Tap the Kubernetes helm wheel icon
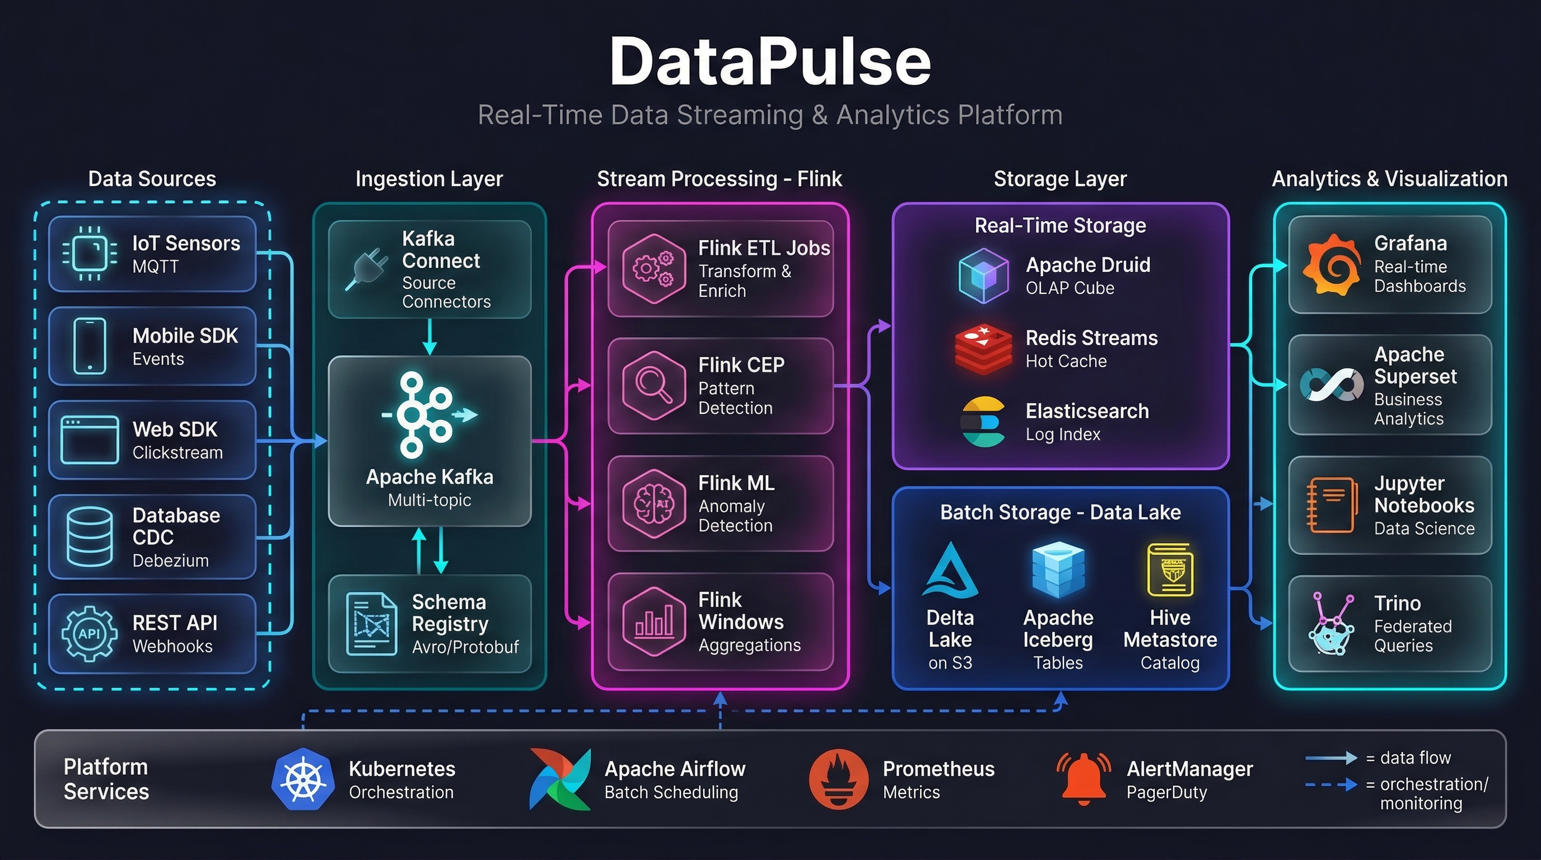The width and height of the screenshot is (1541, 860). (303, 779)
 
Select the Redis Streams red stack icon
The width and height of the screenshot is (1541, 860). (983, 349)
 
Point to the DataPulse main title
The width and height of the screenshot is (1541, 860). (770, 62)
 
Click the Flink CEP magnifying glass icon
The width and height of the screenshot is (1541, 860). (653, 385)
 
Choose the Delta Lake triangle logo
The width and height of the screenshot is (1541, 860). (950, 571)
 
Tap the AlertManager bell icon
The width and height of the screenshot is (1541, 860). (1084, 778)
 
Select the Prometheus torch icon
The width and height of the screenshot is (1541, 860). (838, 779)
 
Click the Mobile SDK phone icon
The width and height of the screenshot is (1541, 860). (90, 346)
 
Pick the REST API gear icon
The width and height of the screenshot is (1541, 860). (89, 634)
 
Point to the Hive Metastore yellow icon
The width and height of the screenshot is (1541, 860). (1170, 570)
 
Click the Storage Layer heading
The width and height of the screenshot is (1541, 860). (1060, 179)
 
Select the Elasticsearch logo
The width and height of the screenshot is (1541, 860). (983, 422)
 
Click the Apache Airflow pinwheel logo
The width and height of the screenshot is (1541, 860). (560, 779)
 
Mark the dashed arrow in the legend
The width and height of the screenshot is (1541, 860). (1331, 784)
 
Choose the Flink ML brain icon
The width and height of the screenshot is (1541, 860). (653, 503)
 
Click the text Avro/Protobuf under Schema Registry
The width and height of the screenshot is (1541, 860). (465, 647)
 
